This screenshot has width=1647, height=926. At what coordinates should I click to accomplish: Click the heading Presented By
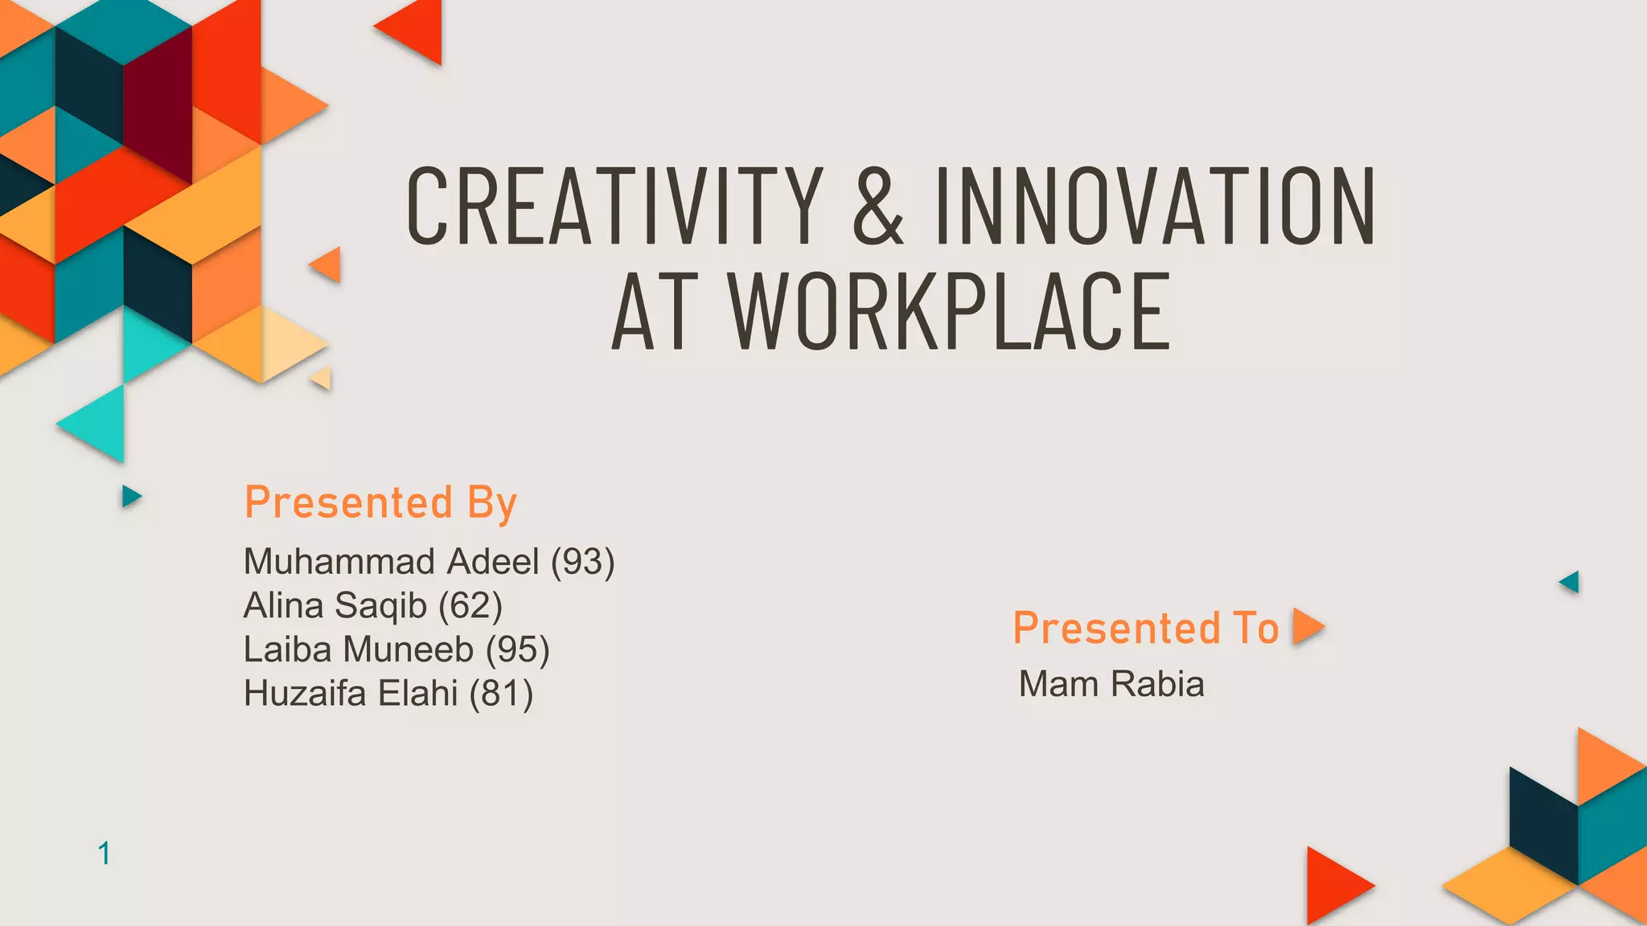(x=380, y=503)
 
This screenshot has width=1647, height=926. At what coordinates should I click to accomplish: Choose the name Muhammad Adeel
(x=391, y=561)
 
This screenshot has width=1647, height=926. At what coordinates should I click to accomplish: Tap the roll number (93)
(x=583, y=561)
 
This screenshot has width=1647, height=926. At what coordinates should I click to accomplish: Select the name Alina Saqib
(x=335, y=605)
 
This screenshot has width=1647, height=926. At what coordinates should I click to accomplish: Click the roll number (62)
(x=470, y=605)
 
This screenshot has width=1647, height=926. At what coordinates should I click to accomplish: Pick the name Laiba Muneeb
(x=358, y=649)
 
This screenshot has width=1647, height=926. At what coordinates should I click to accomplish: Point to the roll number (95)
(x=518, y=649)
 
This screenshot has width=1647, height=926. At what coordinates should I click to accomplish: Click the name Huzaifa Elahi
(x=350, y=693)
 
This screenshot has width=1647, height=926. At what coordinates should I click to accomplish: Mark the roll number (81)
(x=501, y=693)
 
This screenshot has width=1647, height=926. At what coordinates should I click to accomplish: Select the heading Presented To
(x=1145, y=628)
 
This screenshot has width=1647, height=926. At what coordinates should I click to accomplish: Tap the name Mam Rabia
(x=1111, y=684)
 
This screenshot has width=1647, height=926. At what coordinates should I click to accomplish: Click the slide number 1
(x=104, y=853)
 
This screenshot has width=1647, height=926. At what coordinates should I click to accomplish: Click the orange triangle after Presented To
(x=1306, y=626)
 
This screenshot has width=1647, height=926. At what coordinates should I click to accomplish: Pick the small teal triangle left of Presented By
(x=130, y=496)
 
